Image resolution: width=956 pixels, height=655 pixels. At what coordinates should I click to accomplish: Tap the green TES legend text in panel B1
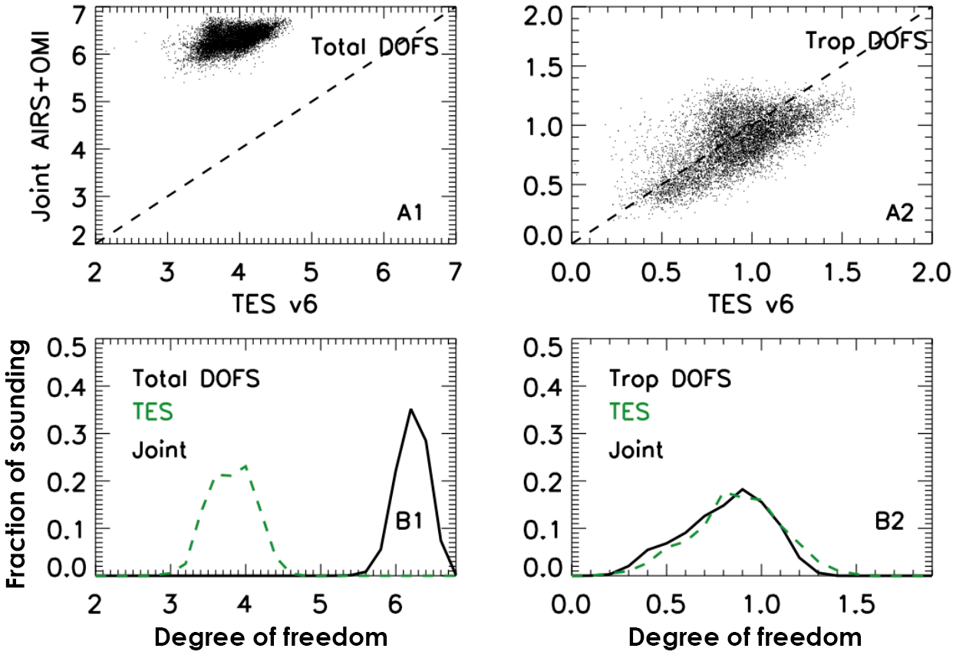[x=153, y=412]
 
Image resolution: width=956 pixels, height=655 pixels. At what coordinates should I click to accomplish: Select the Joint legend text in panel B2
[x=636, y=449]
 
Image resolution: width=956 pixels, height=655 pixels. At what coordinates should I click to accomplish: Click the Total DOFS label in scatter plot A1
[x=374, y=48]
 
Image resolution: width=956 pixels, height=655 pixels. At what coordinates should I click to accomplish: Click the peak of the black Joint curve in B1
[x=411, y=409]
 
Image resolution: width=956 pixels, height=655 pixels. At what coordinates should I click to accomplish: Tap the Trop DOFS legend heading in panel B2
[x=670, y=378]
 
